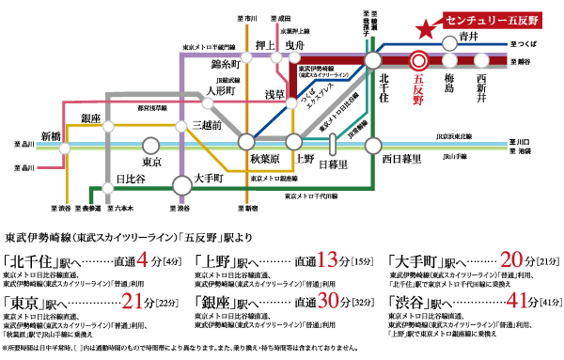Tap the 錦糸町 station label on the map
pos(228,64)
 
